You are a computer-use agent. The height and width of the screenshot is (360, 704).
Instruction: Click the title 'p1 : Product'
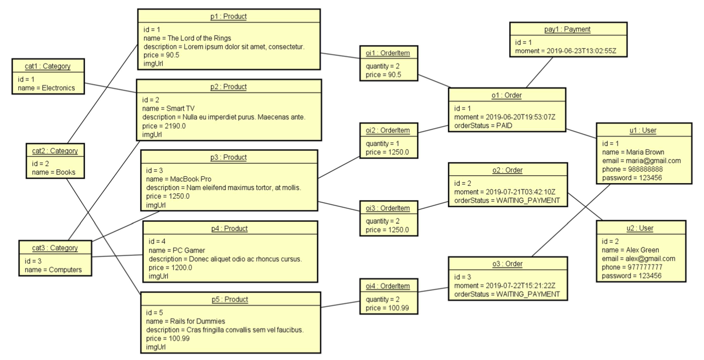(x=228, y=17)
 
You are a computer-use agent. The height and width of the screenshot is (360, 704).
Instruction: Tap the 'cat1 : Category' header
(x=48, y=66)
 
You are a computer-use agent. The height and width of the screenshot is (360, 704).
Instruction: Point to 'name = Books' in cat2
(x=53, y=172)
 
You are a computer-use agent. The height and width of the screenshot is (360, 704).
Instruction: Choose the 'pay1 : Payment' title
(x=567, y=29)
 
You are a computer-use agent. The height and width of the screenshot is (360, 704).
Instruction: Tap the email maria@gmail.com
(x=641, y=161)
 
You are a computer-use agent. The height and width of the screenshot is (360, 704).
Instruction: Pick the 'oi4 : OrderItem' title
(x=388, y=286)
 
